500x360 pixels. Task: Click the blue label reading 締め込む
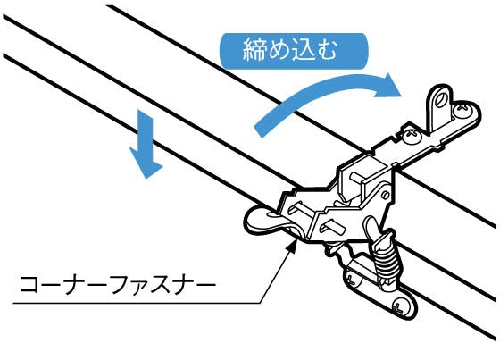point(294,51)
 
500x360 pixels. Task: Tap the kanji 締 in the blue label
point(254,49)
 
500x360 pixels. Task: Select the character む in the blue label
point(325,50)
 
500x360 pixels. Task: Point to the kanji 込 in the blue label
point(302,50)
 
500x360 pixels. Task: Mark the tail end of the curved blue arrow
point(259,130)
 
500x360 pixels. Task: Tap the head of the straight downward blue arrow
point(146,163)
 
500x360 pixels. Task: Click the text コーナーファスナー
point(117,283)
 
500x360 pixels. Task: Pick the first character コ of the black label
point(29,283)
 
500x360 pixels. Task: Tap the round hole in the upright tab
point(441,97)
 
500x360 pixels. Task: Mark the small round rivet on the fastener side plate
point(385,195)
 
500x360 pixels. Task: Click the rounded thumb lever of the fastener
point(264,221)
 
